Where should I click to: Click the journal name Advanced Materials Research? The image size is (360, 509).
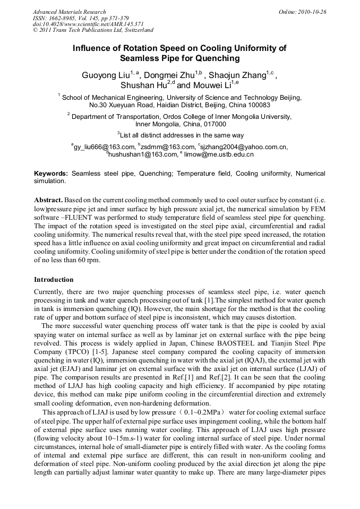tap(69, 12)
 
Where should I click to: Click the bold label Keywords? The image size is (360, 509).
tap(51, 174)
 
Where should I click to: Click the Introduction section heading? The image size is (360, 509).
tap(54, 280)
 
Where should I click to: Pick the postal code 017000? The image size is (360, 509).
tap(215, 124)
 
